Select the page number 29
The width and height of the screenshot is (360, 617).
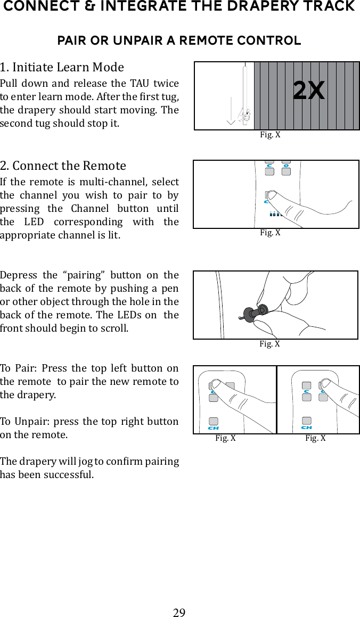[x=179, y=612]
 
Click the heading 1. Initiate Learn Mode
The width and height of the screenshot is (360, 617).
[x=62, y=67]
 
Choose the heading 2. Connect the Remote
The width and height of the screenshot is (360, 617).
[x=63, y=165]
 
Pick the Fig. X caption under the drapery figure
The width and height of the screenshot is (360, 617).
[x=270, y=135]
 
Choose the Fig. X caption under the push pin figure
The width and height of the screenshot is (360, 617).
[x=269, y=344]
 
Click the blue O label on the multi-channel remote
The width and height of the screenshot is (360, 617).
[x=287, y=166]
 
